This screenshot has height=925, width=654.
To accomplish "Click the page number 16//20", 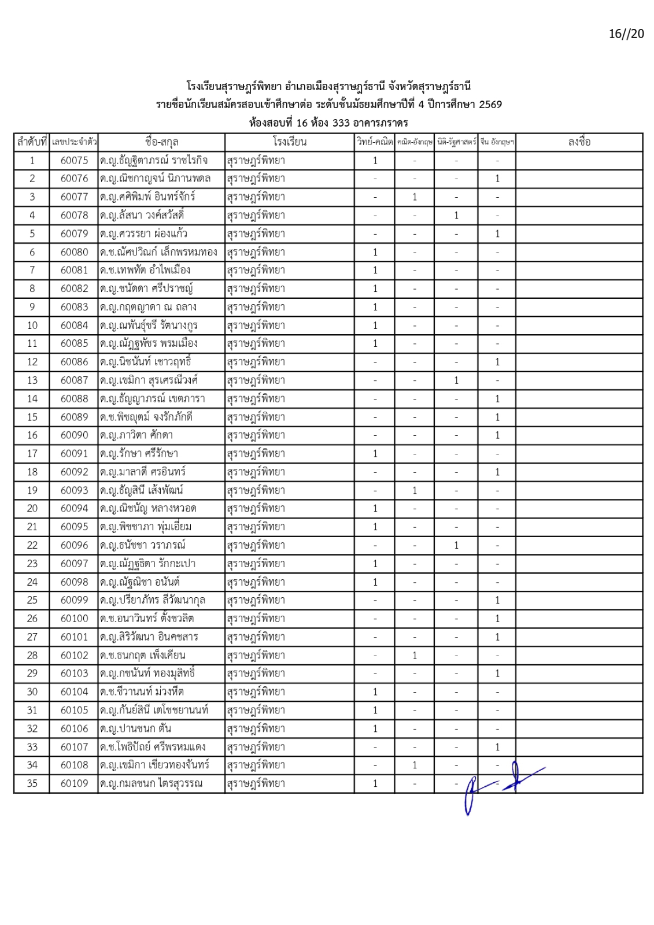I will pos(626,34).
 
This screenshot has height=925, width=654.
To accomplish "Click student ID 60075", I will pos(74,160).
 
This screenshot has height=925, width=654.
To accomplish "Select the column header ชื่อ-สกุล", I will pos(161,142).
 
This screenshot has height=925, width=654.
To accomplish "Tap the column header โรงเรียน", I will pos(289,142).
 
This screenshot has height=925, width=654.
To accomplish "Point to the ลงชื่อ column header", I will pos(579,142).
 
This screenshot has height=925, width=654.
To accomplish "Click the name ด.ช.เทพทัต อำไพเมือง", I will pos(145,270).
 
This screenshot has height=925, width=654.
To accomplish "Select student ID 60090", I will pos(74,435).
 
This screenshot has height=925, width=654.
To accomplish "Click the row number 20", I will pos(32,508).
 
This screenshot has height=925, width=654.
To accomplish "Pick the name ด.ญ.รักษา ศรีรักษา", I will pos(139,453).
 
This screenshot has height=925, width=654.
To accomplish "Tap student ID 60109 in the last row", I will pos(74,783).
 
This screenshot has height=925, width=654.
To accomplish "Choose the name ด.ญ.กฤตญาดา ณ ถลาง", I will pos(148,307).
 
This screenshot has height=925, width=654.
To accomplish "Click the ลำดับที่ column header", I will pos(32,142).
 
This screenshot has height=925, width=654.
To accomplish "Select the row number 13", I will pos(32,380).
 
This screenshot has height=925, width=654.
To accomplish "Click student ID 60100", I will pos(74,619).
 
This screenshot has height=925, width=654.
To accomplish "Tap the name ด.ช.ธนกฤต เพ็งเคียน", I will pos(142,655).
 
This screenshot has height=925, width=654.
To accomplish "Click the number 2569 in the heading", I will pos(490,105).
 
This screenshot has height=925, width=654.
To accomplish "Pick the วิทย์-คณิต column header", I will pos(375,142).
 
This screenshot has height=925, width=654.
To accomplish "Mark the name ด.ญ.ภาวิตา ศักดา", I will pos(136,435).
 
